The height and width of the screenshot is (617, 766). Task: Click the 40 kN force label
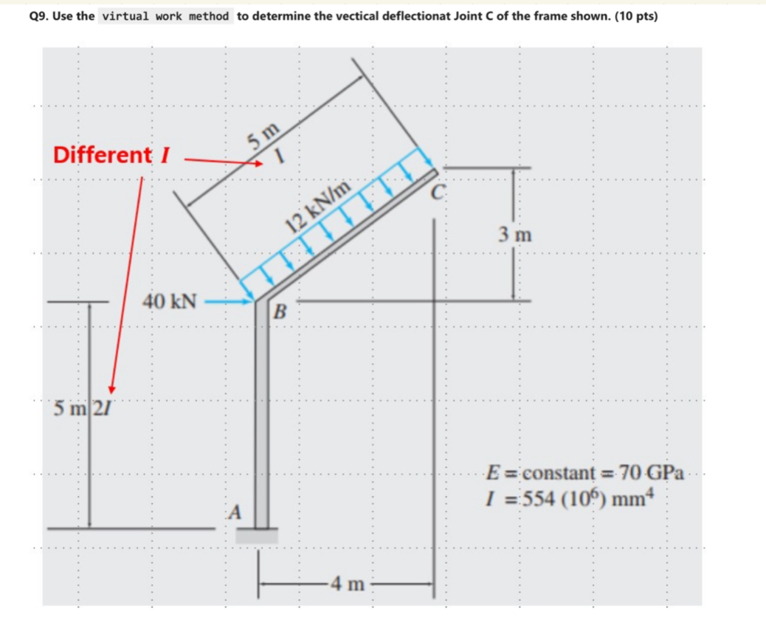[x=170, y=301]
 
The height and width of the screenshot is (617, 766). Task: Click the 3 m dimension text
[x=514, y=236]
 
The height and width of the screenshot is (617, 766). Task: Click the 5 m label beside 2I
[x=70, y=407]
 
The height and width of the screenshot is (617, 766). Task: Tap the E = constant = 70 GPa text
[x=585, y=470]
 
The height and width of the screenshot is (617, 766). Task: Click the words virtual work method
[x=165, y=15]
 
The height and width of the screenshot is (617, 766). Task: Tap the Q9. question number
[x=38, y=15]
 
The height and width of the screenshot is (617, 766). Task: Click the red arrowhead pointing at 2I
[x=112, y=389]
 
